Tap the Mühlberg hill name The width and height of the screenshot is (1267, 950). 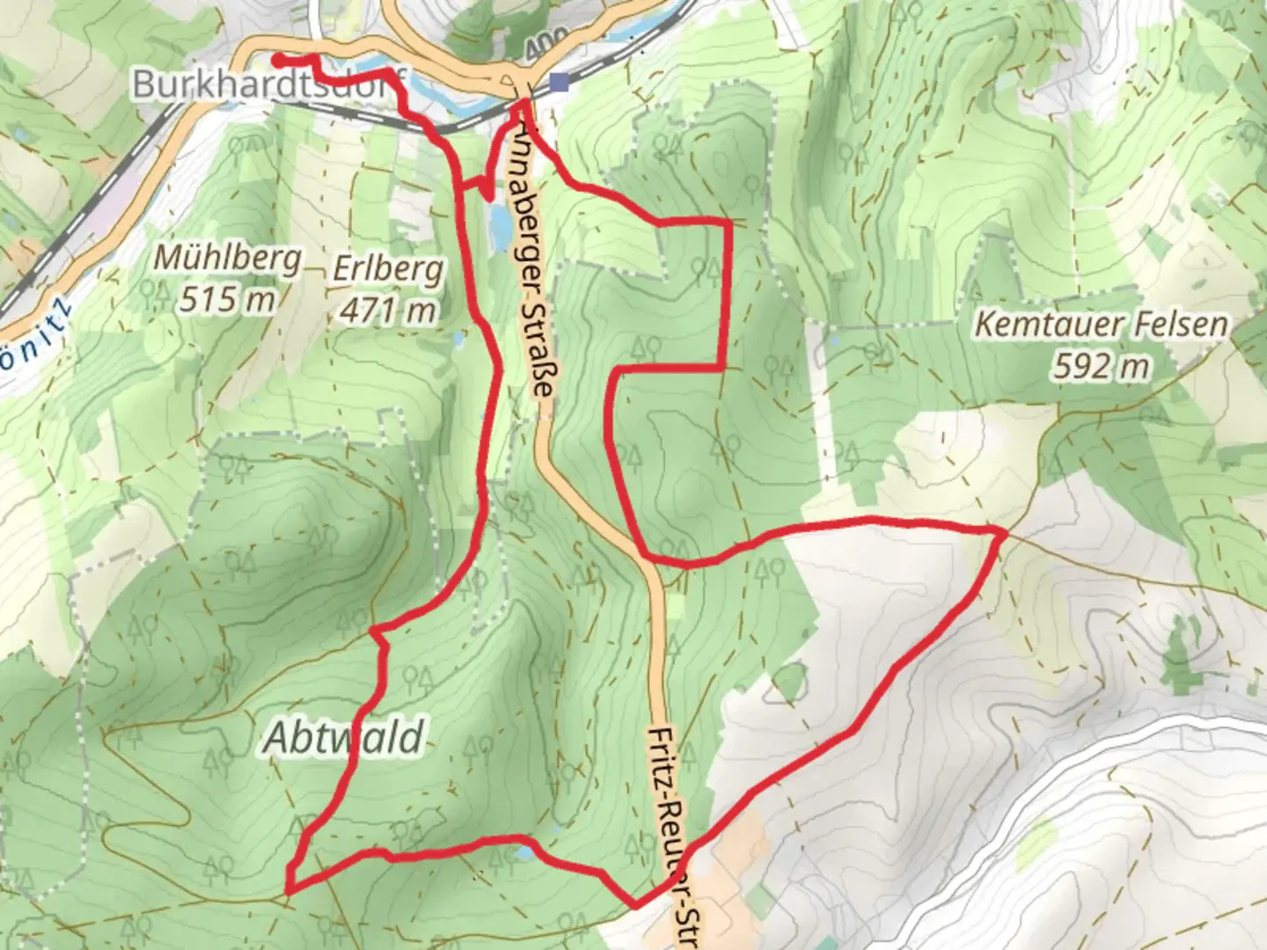pos(228,259)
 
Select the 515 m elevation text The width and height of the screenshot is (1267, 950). pos(228,300)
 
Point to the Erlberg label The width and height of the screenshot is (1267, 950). pos(388,269)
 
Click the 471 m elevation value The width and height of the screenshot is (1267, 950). pos(388,310)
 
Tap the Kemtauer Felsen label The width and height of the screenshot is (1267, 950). pos(1101,325)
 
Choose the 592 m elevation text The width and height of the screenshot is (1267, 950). pos(1101,366)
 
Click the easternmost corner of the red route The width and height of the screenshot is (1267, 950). pos(1004,531)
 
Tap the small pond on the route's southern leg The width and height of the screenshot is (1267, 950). pos(524,851)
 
